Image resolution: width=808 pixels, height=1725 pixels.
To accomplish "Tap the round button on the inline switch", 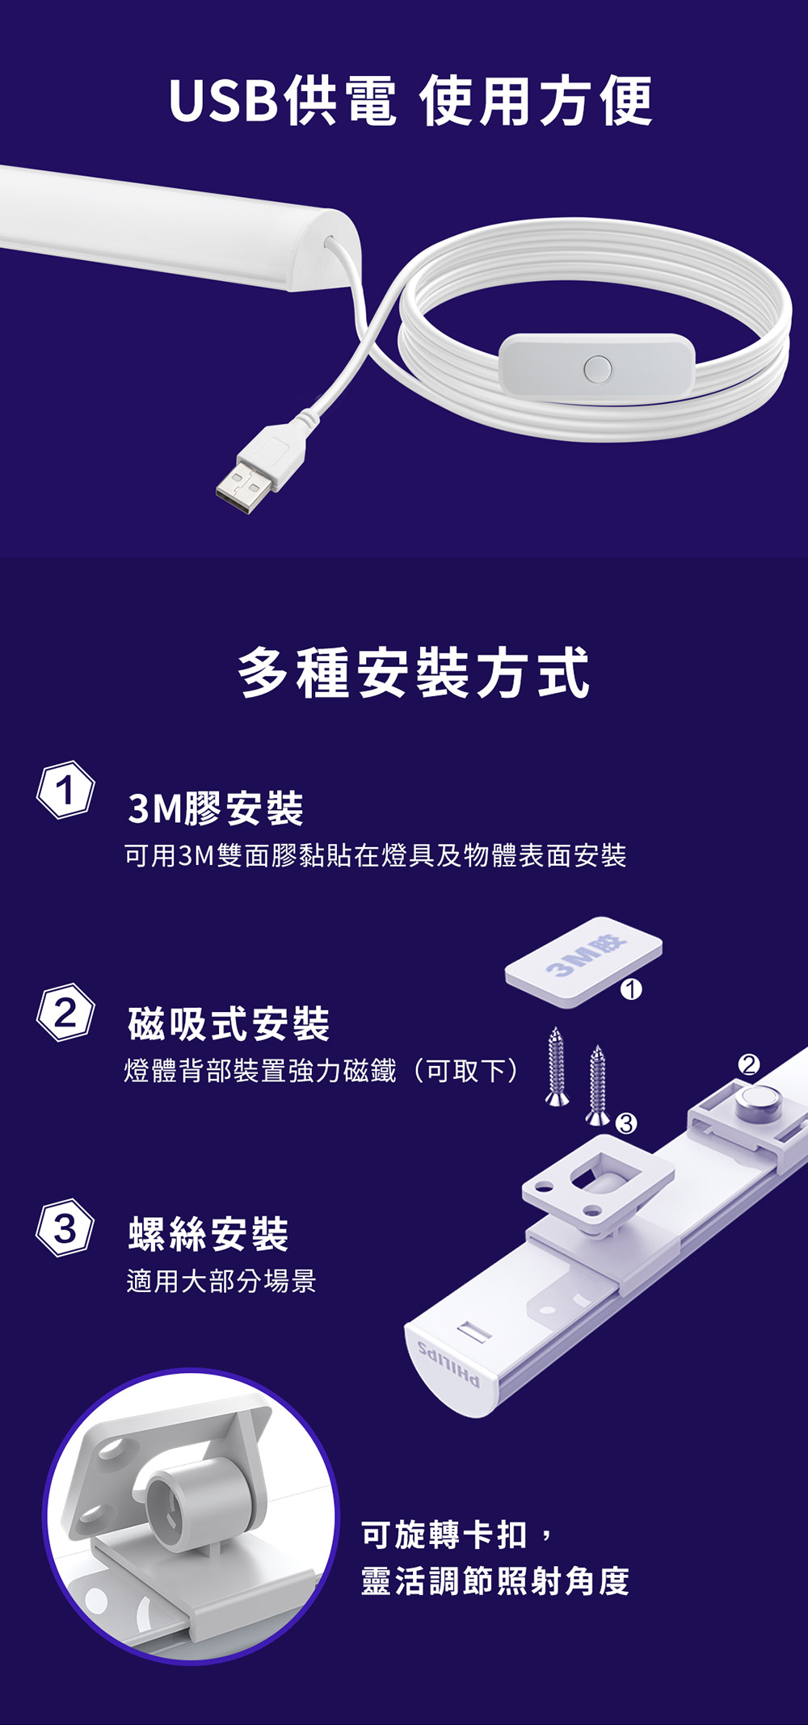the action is [x=597, y=368].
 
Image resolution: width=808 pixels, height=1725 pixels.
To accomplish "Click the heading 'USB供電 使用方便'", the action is [x=410, y=101].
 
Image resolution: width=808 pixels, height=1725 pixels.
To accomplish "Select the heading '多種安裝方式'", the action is [x=414, y=673].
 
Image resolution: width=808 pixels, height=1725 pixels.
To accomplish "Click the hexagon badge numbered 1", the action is [x=65, y=789].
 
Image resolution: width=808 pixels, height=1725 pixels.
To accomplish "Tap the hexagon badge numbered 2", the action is [x=65, y=1012].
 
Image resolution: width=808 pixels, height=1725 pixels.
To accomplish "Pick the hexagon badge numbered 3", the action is [x=65, y=1228].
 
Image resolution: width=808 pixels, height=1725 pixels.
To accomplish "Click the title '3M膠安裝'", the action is [x=216, y=808].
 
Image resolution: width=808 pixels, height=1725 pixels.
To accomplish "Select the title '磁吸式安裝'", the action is [x=229, y=1024].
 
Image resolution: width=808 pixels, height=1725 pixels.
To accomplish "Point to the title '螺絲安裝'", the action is [x=208, y=1233].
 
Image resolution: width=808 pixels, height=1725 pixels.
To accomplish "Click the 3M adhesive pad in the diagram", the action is [x=583, y=962].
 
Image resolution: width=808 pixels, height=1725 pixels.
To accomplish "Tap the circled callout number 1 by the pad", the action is [x=631, y=989].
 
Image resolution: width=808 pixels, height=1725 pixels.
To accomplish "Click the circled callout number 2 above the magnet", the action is [x=749, y=1064].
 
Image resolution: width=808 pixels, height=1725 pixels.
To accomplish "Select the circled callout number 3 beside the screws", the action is [x=626, y=1123].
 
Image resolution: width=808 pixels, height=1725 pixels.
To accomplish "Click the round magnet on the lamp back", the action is [x=758, y=1102].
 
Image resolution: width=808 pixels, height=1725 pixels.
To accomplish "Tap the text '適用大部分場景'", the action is [x=221, y=1280].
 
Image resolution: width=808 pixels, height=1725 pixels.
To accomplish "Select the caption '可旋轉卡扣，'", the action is [x=457, y=1534].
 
